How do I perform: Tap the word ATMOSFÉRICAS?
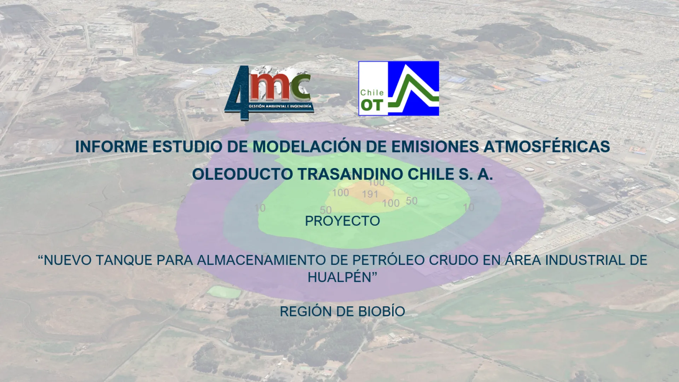coord(547,147)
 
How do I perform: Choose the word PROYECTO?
coord(342,221)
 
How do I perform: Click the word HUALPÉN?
coord(339,277)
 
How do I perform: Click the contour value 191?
coord(370,194)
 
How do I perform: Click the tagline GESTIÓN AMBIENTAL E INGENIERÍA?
coord(280,106)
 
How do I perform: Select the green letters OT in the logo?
coord(372,105)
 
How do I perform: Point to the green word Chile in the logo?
coord(372,93)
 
